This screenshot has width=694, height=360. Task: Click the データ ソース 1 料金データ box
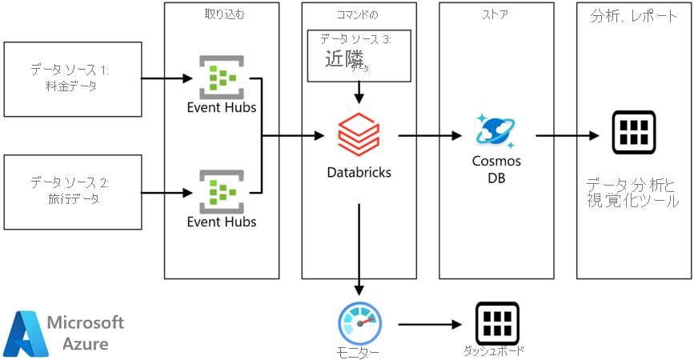click(72, 79)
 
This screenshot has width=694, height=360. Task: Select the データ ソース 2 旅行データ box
click(72, 192)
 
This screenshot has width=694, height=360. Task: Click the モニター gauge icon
click(359, 323)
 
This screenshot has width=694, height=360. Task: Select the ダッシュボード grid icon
click(497, 323)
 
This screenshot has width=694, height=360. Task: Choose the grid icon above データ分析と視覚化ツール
click(634, 133)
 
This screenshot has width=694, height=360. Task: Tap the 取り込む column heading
click(222, 14)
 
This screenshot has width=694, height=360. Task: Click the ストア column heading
click(496, 14)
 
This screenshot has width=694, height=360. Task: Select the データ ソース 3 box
click(359, 56)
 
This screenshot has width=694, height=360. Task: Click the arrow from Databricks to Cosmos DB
click(427, 136)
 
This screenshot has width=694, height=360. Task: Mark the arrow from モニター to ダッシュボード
click(429, 324)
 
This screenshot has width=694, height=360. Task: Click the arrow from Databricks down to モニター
click(359, 248)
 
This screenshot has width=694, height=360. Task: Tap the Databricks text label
click(359, 172)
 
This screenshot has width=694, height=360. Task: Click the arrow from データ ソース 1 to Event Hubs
click(166, 78)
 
